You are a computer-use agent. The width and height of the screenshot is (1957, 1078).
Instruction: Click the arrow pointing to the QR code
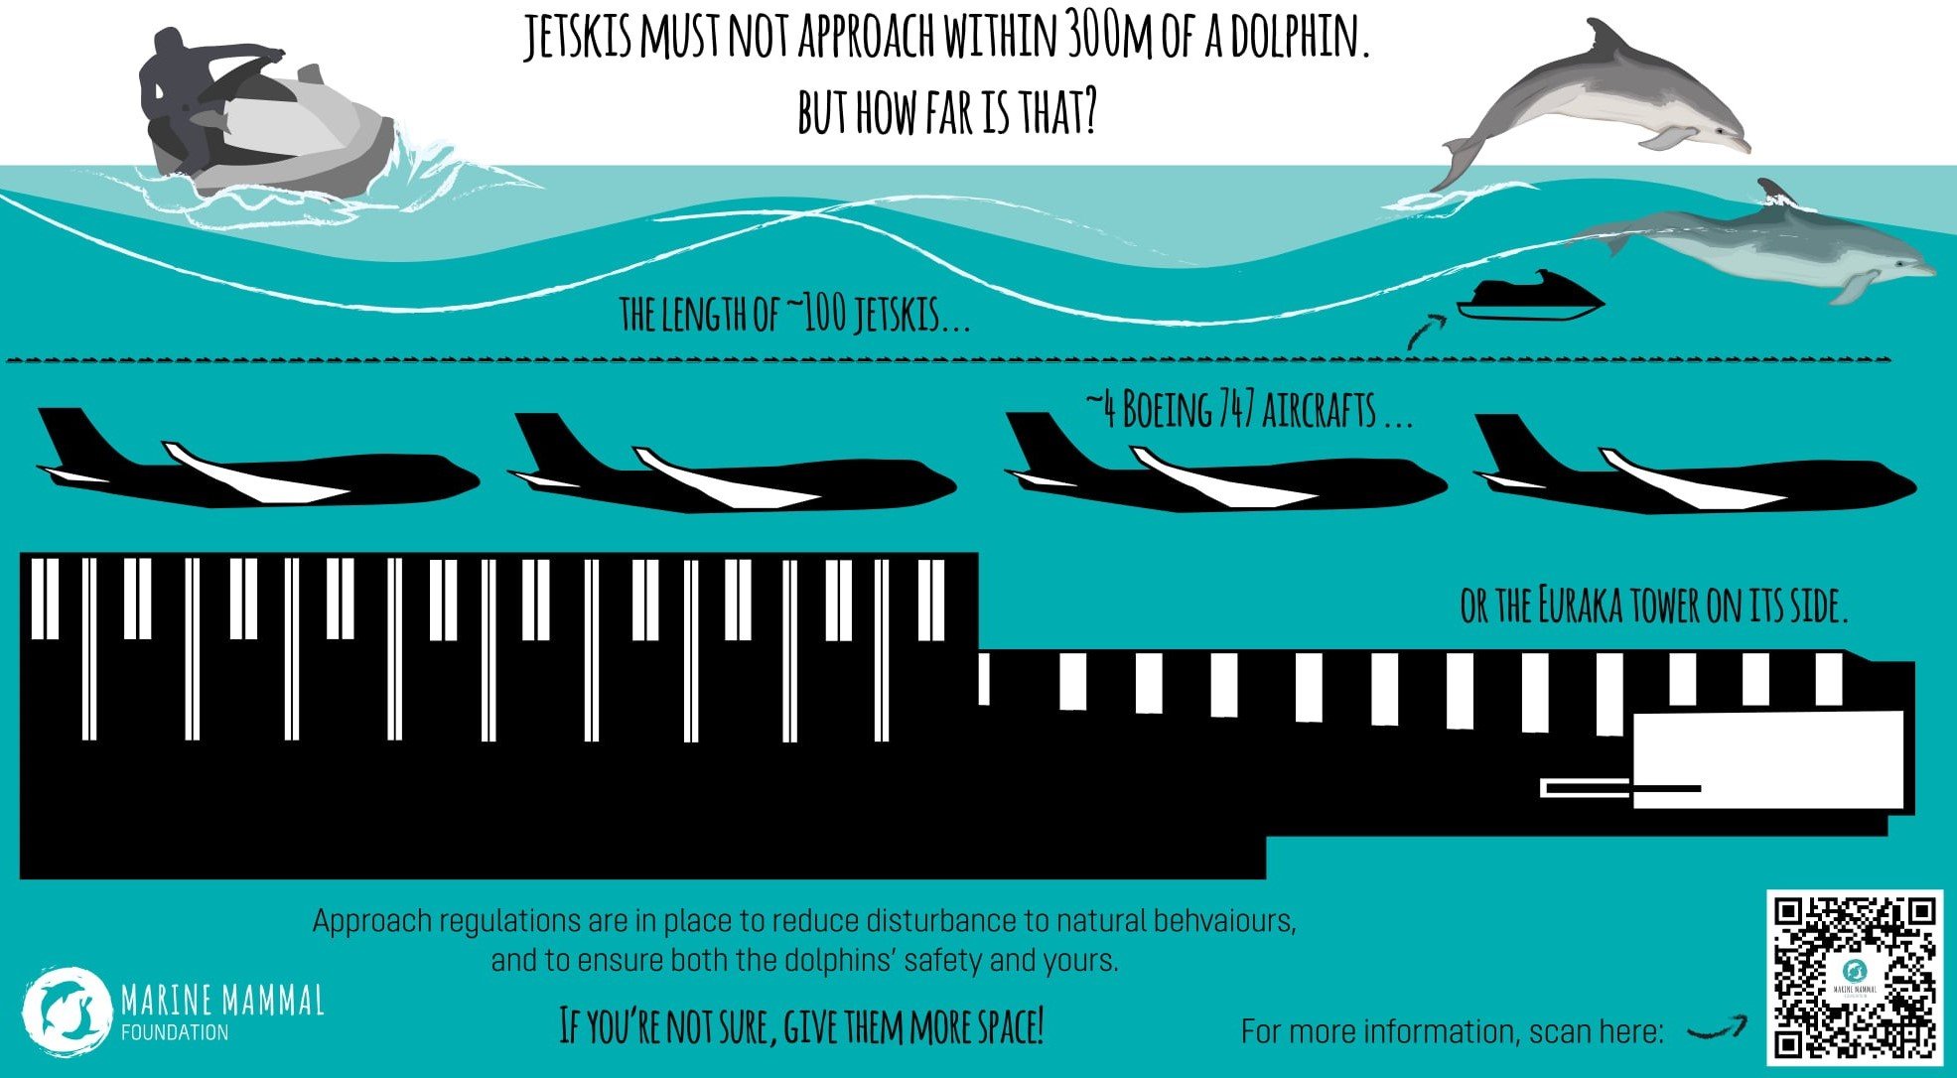[1718, 1029]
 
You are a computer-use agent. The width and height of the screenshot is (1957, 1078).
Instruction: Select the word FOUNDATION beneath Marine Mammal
[175, 1032]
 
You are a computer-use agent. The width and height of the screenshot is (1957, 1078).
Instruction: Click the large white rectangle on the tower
[1767, 759]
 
